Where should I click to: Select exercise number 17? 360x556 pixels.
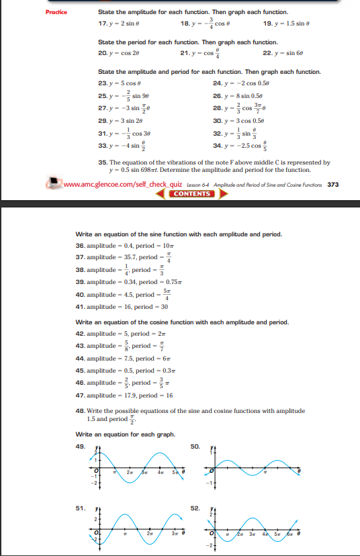tap(101, 24)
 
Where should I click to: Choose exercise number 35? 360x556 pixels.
tap(102, 162)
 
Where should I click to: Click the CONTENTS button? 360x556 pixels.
tap(193, 194)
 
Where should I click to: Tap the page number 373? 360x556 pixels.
tap(332, 184)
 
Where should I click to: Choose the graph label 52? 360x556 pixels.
tap(195, 508)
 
